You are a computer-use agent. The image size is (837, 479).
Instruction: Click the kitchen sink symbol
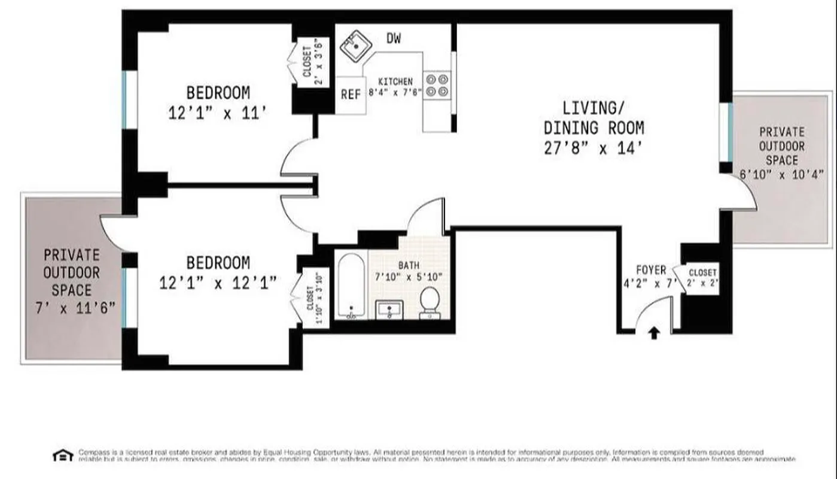point(355,46)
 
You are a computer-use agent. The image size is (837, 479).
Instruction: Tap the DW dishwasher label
point(393,39)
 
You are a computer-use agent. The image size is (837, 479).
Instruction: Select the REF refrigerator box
point(351,95)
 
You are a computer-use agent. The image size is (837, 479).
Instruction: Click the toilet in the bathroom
point(430,302)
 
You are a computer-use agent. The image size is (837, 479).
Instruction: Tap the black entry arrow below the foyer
point(654,332)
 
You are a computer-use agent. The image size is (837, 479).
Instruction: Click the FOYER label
point(650,271)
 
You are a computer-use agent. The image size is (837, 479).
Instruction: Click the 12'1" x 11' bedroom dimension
point(217,113)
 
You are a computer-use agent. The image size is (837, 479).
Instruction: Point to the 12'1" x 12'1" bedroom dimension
point(218,283)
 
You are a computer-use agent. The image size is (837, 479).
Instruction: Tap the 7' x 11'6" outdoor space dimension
point(72,310)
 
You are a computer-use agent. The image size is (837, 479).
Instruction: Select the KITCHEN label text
point(395,81)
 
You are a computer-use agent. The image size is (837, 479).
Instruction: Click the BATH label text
point(410,265)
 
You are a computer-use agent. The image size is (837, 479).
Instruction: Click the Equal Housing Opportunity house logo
point(62,455)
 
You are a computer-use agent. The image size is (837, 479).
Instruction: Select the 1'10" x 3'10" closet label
point(314,298)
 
